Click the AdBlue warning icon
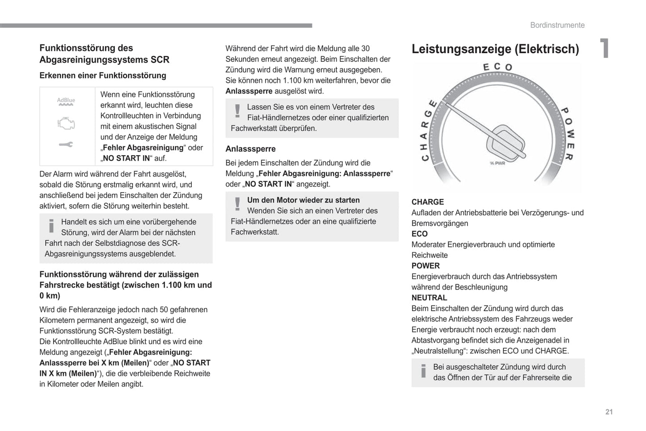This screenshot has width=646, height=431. coord(66,102)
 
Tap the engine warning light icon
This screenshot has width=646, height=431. coord(66,123)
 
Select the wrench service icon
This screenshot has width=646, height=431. coord(66,144)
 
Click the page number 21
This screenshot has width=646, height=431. coord(609,412)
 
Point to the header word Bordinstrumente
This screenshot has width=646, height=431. coord(557,25)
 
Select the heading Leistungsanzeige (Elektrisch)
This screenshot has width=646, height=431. coord(495,49)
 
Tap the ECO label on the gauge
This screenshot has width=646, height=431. coord(497,67)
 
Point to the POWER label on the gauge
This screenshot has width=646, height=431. coord(568,133)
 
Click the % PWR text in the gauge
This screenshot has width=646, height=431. coord(497,163)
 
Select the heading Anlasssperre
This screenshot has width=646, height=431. coord(250,149)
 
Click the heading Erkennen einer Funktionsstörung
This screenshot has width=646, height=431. coord(103,76)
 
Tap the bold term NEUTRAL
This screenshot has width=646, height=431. coord(429,298)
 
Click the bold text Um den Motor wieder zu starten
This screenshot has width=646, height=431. coord(303,200)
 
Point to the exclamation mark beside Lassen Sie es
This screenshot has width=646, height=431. coord(237,110)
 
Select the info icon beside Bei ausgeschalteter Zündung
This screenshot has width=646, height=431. coord(423,371)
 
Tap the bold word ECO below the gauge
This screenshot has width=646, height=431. coord(419,234)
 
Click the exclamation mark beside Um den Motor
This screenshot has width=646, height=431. coord(237,204)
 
